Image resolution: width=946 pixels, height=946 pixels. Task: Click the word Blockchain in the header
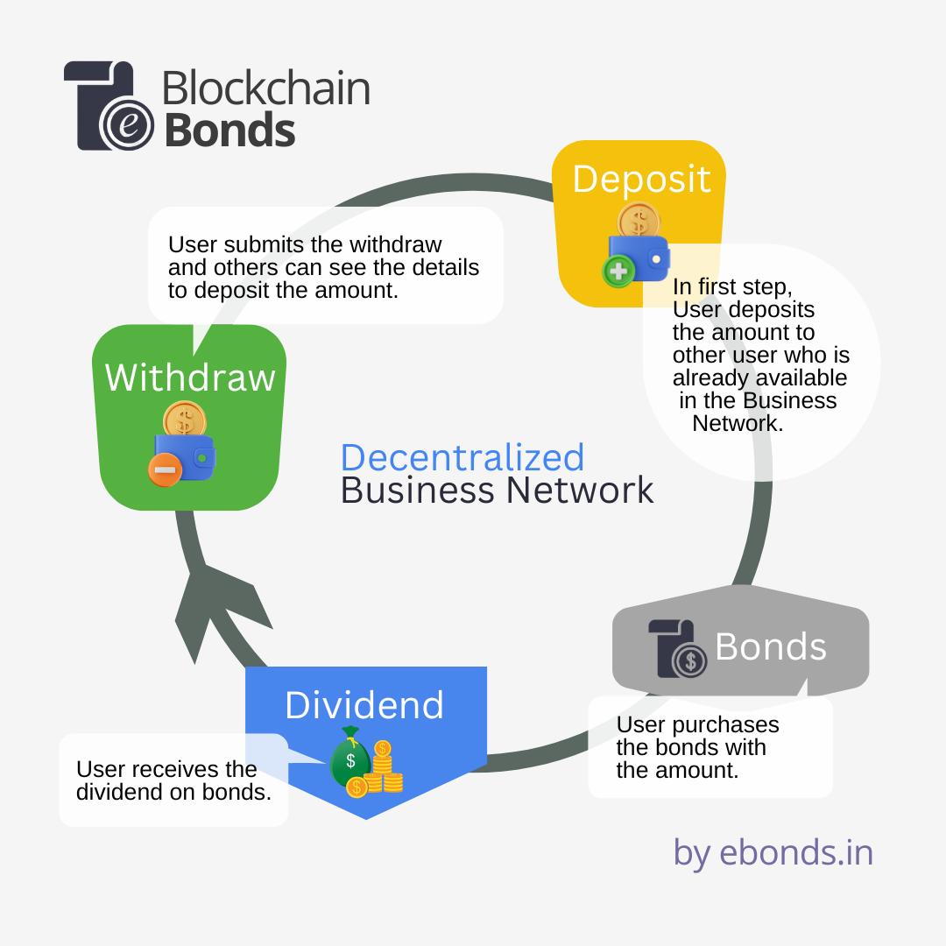(265, 89)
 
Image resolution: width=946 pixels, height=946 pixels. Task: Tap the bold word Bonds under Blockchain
(229, 131)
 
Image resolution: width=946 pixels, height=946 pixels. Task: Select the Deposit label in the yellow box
(641, 178)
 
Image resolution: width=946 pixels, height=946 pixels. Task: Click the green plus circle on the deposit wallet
(618, 272)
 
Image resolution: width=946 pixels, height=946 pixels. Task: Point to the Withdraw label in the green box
(190, 378)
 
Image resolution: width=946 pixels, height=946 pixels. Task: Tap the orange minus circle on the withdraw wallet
(164, 469)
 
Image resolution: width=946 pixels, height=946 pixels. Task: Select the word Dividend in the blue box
(364, 705)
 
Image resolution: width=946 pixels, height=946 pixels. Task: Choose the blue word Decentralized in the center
(462, 457)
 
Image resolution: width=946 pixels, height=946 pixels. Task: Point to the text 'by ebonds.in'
(773, 851)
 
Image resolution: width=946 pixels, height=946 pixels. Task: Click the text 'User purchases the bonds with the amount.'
(697, 747)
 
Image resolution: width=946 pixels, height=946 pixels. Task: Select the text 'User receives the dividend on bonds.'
(173, 780)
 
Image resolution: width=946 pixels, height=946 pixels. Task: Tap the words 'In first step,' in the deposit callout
(731, 288)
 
